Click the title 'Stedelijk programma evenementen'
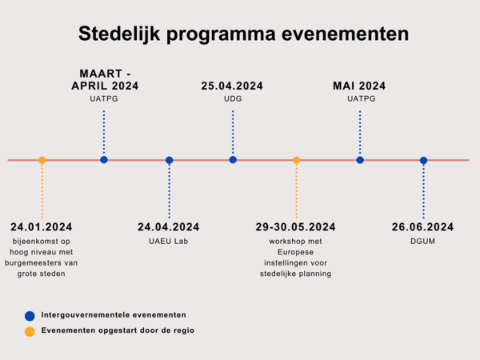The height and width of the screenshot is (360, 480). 243,34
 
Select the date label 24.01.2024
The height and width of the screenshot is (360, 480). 42,227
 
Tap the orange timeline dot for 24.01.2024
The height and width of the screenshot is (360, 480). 42,160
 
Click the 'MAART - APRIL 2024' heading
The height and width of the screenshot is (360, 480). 105,79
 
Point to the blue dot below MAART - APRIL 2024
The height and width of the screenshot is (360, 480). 104,159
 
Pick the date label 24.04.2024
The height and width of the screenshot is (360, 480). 168,227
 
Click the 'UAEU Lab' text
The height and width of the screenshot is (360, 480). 168,242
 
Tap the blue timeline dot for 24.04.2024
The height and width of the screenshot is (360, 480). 170,160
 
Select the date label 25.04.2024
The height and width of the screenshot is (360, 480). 232,86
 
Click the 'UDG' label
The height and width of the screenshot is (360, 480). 233,98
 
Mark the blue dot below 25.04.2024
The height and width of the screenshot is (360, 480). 233,159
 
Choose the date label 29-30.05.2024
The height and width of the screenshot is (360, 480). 295,227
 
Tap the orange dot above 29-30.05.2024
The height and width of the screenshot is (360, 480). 296,160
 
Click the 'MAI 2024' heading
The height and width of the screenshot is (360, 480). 359,86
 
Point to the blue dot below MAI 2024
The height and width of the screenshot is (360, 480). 360,160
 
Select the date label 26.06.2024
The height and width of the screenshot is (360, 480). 422,227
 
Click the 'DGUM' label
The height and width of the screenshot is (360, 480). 422,242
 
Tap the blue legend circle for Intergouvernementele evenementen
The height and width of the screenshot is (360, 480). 30,316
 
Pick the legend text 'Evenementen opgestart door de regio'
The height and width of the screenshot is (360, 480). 118,330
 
